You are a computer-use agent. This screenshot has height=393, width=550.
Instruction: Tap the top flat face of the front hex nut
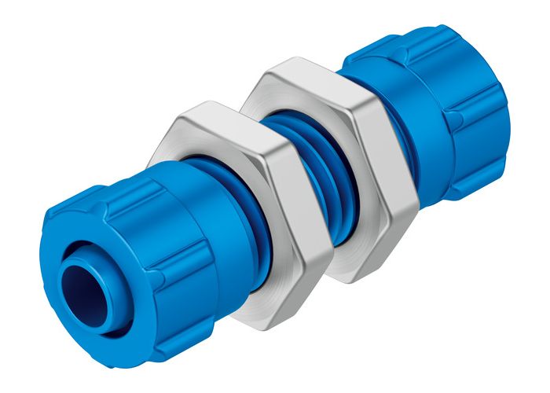click(x=200, y=118)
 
